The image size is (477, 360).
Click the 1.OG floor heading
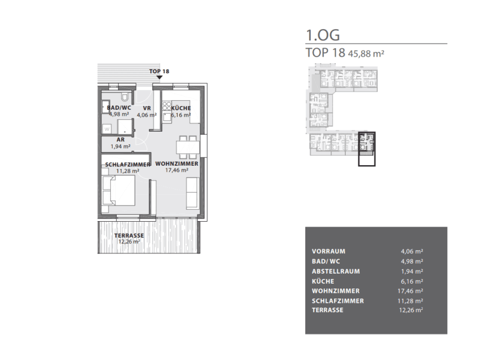pyautogui.click(x=323, y=35)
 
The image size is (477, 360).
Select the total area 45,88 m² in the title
pyautogui.click(x=366, y=54)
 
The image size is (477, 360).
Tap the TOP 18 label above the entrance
pyautogui.click(x=159, y=71)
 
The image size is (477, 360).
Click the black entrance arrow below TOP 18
pyautogui.click(x=159, y=77)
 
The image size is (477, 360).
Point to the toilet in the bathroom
pyautogui.click(x=125, y=97)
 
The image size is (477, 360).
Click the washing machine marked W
pyautogui.click(x=107, y=129)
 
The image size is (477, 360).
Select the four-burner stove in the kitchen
pyautogui.click(x=167, y=106)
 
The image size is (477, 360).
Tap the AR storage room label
pyautogui.click(x=120, y=139)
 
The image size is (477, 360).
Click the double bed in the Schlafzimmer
pyautogui.click(x=119, y=191)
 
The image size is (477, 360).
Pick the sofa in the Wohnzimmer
pyautogui.click(x=193, y=193)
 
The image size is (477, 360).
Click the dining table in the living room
pyautogui.click(x=188, y=147)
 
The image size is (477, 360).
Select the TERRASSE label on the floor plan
pyautogui.click(x=129, y=235)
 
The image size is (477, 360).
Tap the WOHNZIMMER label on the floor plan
pyautogui.click(x=176, y=163)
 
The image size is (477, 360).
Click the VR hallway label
pyautogui.click(x=147, y=108)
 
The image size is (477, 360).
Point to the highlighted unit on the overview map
pyautogui.click(x=367, y=149)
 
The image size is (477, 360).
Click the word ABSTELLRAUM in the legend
pyautogui.click(x=336, y=271)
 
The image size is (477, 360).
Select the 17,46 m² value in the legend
pyautogui.click(x=410, y=291)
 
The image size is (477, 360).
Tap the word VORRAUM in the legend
pyautogui.click(x=329, y=252)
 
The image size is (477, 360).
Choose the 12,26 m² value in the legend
pyautogui.click(x=411, y=310)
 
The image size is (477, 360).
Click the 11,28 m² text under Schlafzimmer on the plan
pyautogui.click(x=128, y=171)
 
